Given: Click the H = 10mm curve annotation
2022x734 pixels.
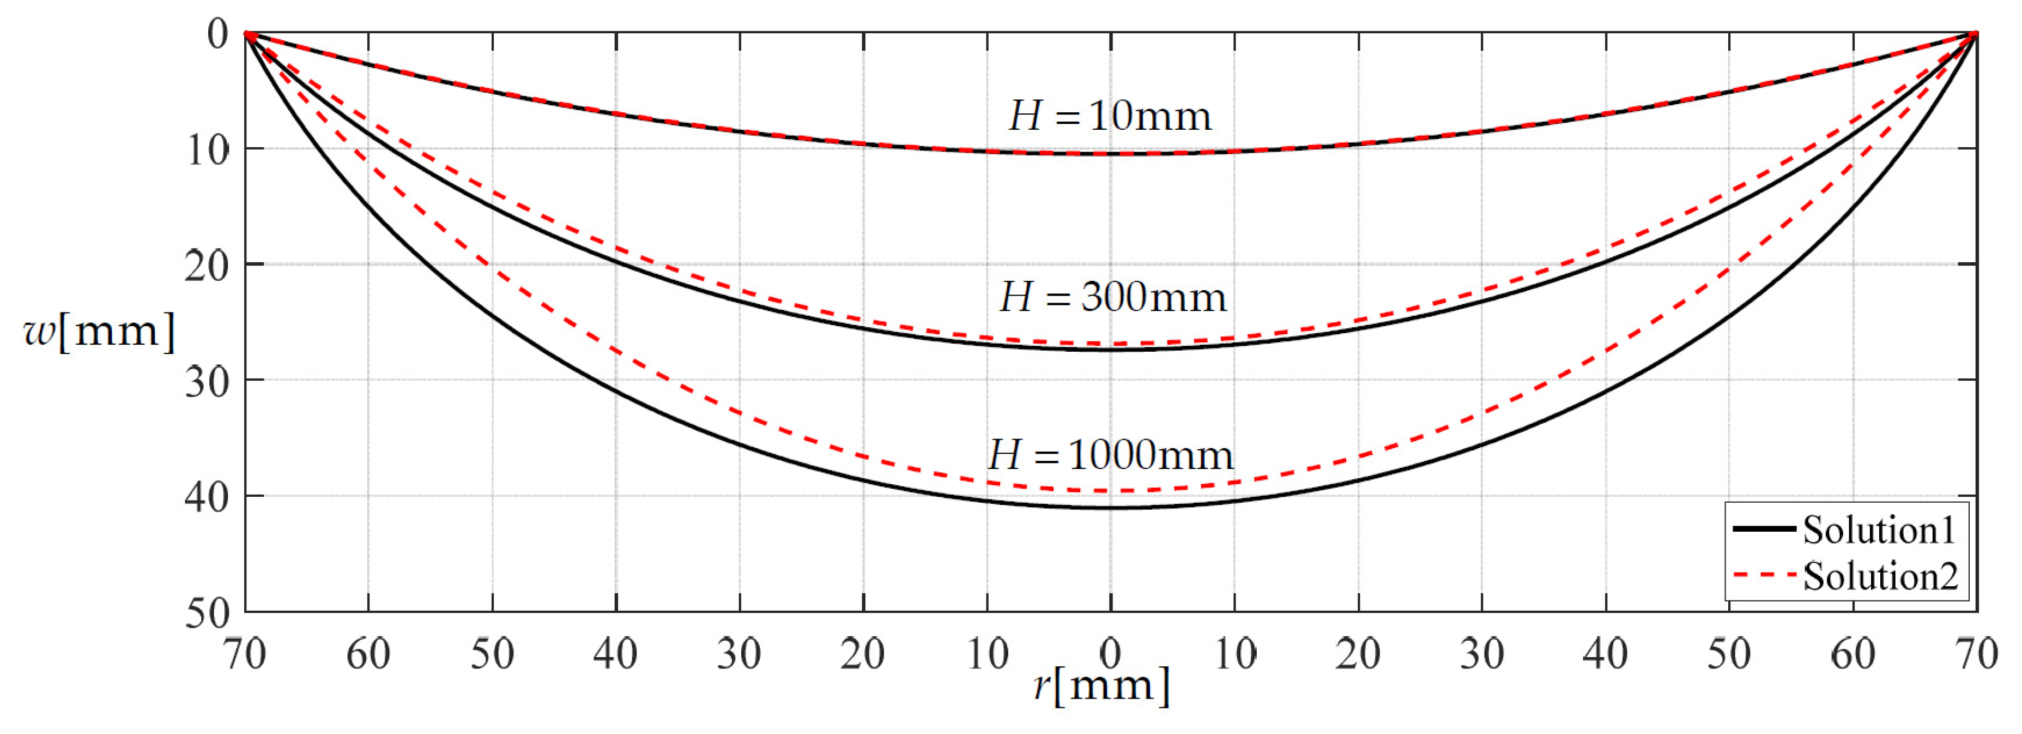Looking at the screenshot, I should click(x=1110, y=116).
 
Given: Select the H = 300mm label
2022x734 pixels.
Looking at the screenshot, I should click(x=1112, y=298).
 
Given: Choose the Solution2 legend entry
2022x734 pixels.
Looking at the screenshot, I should click(x=1880, y=576).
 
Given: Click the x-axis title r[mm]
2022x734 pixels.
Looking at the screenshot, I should click(x=1101, y=685).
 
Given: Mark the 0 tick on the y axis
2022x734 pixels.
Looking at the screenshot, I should click(x=217, y=34).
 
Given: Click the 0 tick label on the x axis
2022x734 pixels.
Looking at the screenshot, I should click(x=1110, y=654).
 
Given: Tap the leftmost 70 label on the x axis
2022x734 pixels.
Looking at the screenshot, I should click(x=244, y=654).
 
